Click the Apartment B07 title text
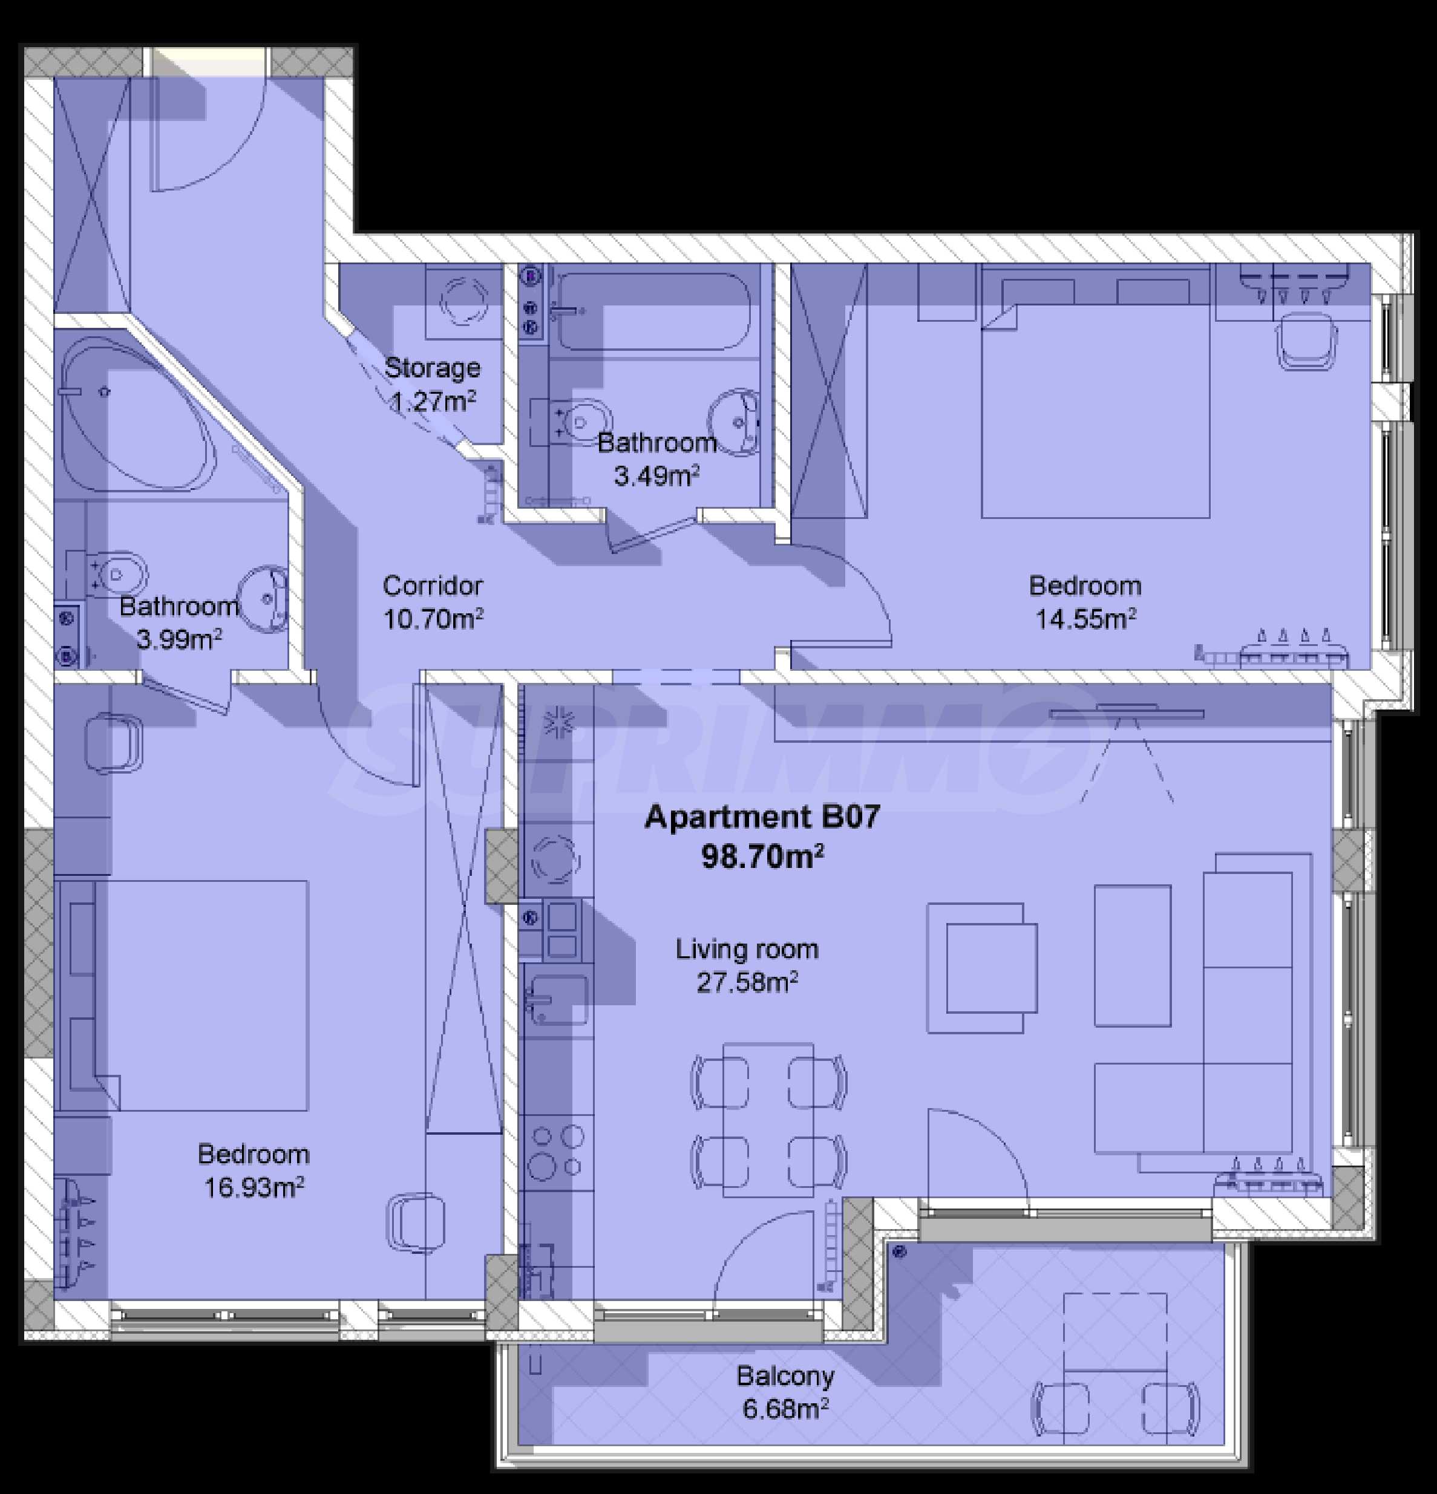point(762,817)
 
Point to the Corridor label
point(432,586)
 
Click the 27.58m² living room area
point(747,982)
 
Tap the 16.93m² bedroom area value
point(254,1187)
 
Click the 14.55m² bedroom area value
point(1085,618)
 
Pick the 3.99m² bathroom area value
point(179,639)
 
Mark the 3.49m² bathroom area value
point(656,477)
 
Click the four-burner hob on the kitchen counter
point(557,1152)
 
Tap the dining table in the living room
point(768,1120)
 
